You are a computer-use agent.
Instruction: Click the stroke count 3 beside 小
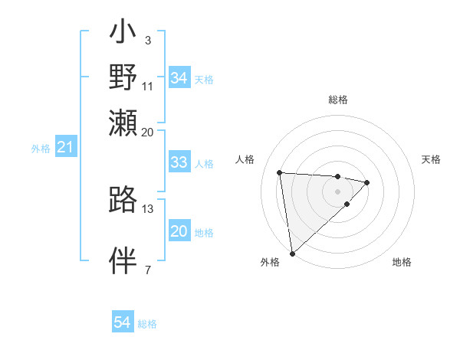click(147, 39)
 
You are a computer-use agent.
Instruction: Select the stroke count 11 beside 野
click(147, 85)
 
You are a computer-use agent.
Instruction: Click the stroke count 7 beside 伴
click(147, 270)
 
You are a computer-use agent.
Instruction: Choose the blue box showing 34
click(179, 78)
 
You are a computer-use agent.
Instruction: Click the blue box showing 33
click(179, 162)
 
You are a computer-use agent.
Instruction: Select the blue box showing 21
click(65, 147)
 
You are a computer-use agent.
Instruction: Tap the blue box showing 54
click(123, 322)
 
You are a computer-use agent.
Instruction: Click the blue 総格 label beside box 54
click(147, 324)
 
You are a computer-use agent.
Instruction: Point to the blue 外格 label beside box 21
click(40, 149)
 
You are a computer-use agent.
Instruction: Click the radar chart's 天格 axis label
click(431, 159)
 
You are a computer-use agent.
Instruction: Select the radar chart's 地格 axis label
click(402, 262)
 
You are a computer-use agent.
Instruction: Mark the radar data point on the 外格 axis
click(292, 253)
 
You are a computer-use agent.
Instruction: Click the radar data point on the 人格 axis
click(280, 172)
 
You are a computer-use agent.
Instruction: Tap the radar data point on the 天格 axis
click(367, 182)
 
